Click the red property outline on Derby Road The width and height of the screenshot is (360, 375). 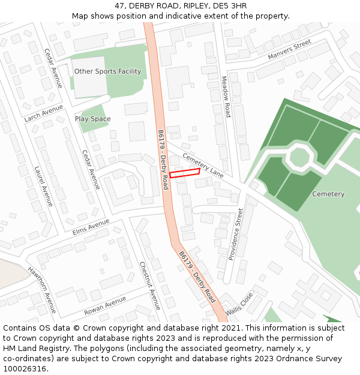pyautogui.click(x=184, y=173)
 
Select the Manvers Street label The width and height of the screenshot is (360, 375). pyautogui.click(x=290, y=50)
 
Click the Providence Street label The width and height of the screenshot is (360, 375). pyautogui.click(x=236, y=234)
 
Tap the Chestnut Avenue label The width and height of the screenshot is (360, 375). pyautogui.click(x=150, y=286)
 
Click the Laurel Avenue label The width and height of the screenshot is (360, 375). pyautogui.click(x=44, y=186)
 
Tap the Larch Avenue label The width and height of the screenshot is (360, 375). pyautogui.click(x=43, y=113)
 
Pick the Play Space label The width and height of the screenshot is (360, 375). pyautogui.click(x=93, y=119)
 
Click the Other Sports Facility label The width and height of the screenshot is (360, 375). pyautogui.click(x=107, y=71)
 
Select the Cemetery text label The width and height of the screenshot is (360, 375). pyautogui.click(x=328, y=194)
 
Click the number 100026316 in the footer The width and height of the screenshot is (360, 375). pyautogui.click(x=25, y=368)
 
